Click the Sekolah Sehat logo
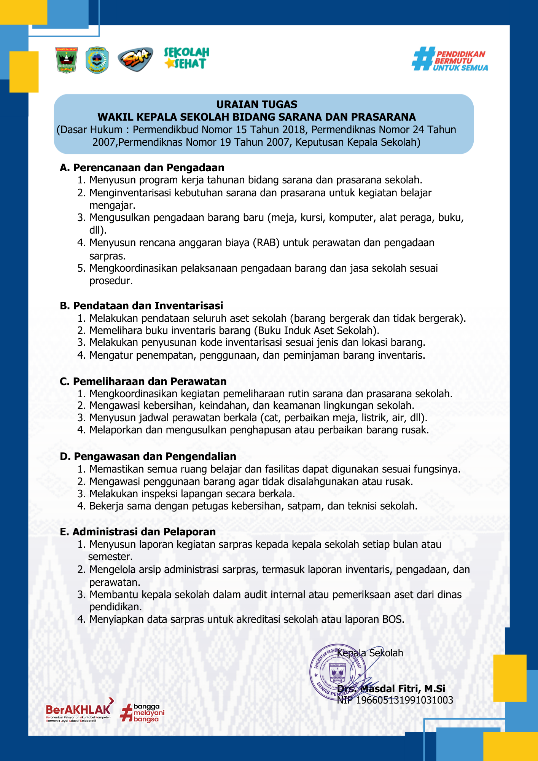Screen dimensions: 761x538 click(187, 58)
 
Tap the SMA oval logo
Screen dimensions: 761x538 click(135, 59)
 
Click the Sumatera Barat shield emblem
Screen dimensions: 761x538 click(67, 60)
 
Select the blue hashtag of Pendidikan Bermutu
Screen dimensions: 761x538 click(423, 59)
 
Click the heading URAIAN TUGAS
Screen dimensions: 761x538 click(257, 104)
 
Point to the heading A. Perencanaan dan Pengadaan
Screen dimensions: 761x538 click(142, 167)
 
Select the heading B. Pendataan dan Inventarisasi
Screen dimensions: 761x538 click(142, 306)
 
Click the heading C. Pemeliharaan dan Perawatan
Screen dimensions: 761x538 click(143, 381)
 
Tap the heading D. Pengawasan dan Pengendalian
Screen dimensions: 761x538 click(148, 456)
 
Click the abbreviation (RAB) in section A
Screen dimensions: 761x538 click(266, 243)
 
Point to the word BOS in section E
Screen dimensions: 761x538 click(392, 619)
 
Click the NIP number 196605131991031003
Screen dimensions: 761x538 click(404, 700)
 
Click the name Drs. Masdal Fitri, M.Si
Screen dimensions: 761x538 click(391, 689)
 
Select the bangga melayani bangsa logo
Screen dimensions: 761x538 click(142, 713)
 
